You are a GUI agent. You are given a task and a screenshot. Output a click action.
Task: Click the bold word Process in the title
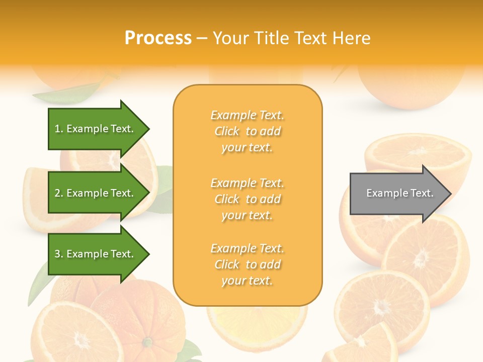tap(158, 38)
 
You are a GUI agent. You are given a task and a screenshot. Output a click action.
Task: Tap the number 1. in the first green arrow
tap(59, 129)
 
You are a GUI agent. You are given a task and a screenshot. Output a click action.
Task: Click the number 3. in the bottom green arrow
tap(59, 254)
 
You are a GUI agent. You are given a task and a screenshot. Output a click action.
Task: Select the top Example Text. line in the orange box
tap(247, 115)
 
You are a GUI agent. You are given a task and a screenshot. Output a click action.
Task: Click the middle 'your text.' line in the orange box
tap(247, 215)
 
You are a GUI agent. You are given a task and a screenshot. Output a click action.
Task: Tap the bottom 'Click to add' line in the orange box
tap(247, 264)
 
